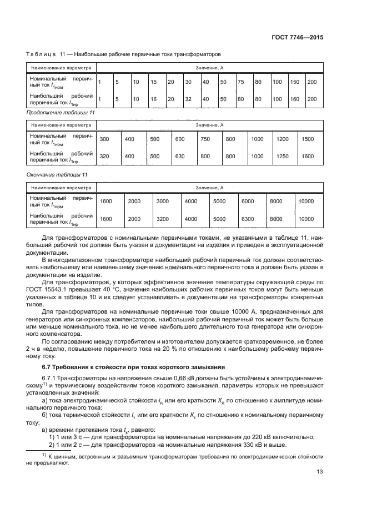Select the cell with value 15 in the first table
(154, 82)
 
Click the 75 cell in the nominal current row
(241, 82)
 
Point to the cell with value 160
(294, 98)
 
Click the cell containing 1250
(283, 156)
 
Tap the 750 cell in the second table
(205, 139)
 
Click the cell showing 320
(104, 156)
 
